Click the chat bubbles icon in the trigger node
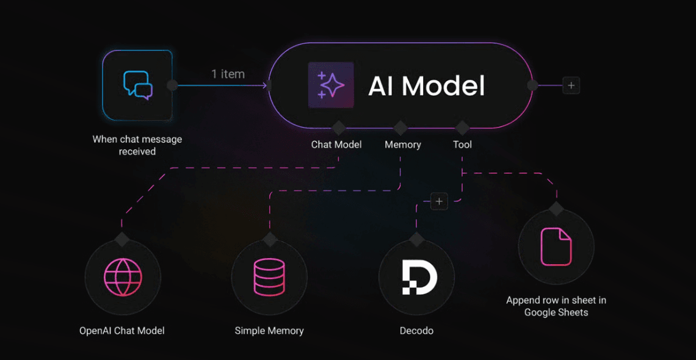137,85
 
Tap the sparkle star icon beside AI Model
331,85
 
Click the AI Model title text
426,85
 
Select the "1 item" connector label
228,74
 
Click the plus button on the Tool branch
439,201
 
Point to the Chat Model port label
336,145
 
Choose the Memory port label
402,145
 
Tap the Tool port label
462,145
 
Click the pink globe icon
123,277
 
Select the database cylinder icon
269,277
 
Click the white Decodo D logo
419,277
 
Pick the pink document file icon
556,247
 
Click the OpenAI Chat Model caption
122,331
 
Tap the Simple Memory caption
269,331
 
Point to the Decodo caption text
416,331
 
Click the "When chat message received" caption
137,145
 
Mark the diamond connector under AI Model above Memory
401,128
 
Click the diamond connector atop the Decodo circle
416,239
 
